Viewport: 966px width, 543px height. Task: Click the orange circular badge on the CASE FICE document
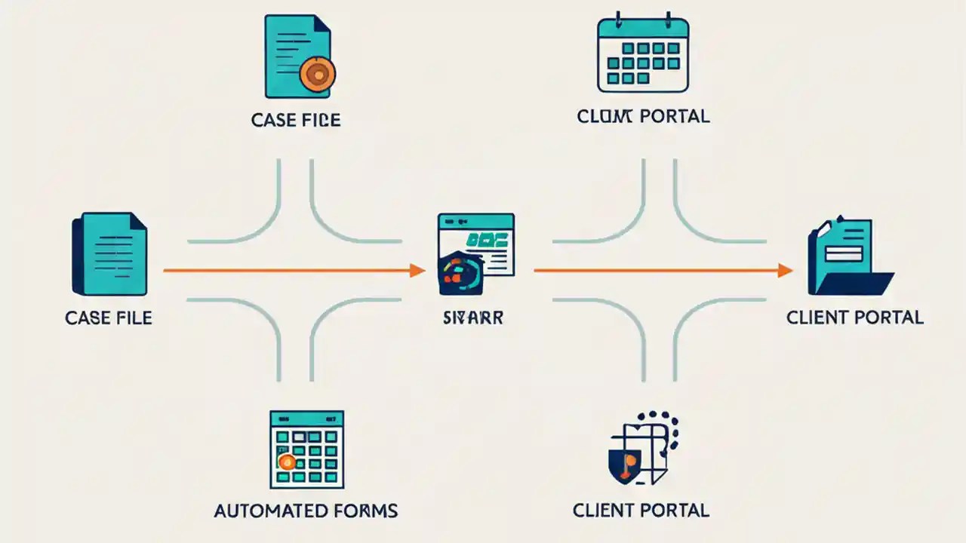(317, 74)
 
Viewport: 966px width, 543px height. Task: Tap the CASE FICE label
(296, 120)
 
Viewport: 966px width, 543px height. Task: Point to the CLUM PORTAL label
(643, 116)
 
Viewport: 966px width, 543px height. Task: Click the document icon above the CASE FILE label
(109, 253)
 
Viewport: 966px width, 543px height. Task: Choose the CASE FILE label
(109, 318)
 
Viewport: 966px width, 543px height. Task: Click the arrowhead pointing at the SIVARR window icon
(417, 270)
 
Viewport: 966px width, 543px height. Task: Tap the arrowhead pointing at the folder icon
(785, 270)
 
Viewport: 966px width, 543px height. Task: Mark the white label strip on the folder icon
(848, 253)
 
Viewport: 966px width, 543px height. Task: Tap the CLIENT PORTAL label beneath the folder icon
(855, 318)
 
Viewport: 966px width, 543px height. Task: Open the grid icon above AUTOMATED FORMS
(306, 449)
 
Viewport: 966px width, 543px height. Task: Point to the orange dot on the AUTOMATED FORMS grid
(285, 462)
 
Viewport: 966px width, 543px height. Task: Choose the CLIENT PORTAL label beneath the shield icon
(641, 511)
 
